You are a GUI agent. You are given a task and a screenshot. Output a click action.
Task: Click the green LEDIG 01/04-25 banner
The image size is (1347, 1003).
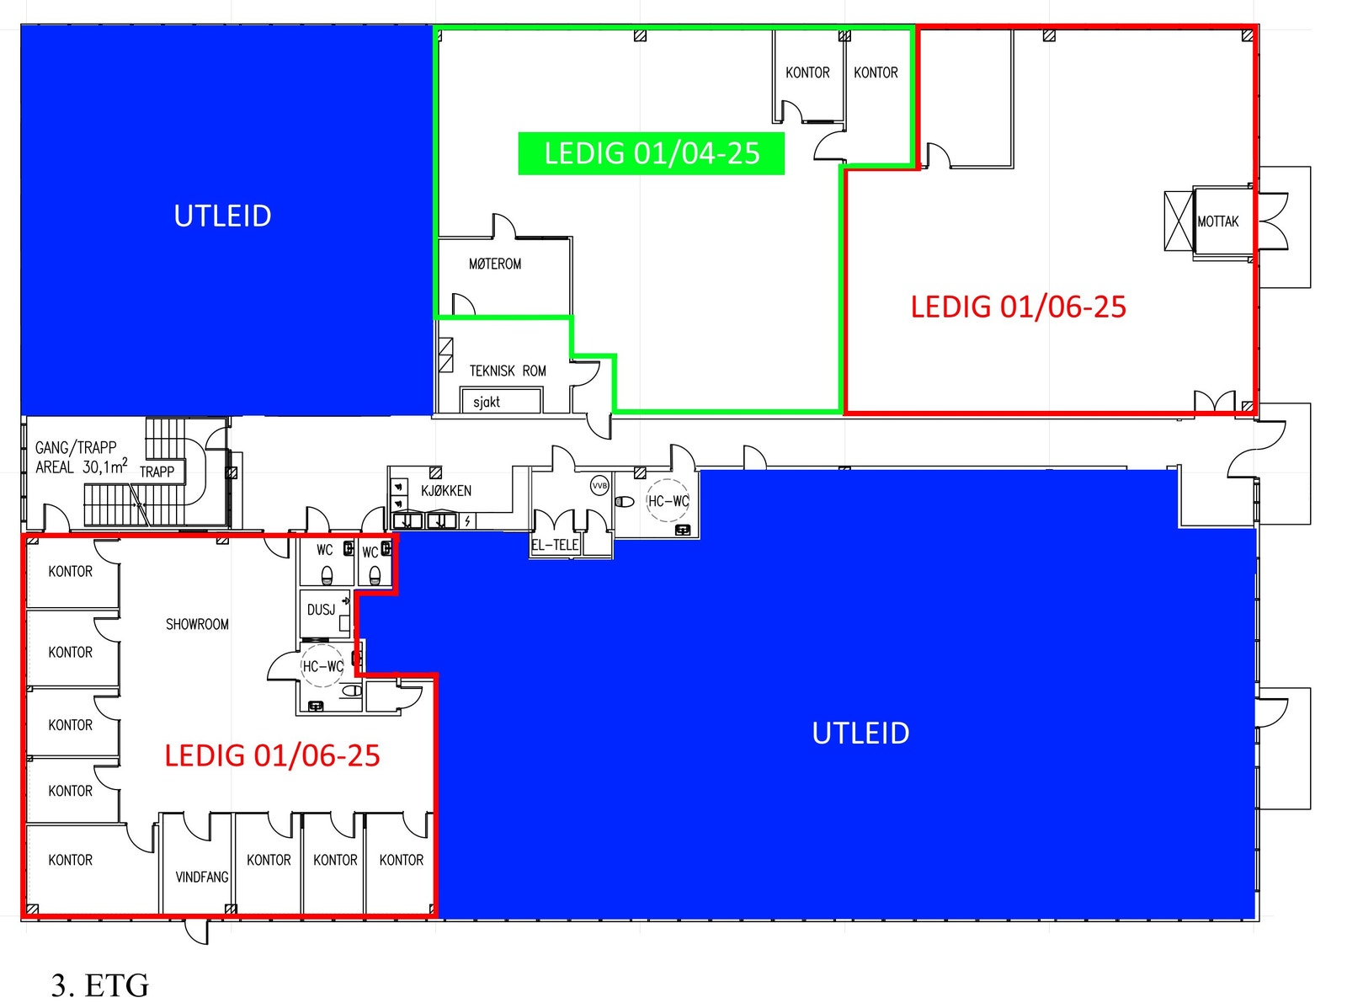(x=651, y=154)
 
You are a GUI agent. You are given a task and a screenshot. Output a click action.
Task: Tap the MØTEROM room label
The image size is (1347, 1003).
(x=494, y=264)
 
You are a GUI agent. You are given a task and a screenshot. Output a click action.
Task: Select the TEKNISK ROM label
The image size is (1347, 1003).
(x=508, y=371)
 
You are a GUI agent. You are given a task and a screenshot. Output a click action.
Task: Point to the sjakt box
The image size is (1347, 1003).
(x=500, y=401)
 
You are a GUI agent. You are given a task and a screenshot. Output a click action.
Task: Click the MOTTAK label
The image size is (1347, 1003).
(x=1217, y=221)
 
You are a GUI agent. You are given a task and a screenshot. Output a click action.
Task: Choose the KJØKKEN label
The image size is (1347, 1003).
(x=446, y=491)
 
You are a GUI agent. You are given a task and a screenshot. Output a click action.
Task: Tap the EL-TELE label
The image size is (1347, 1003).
(x=555, y=545)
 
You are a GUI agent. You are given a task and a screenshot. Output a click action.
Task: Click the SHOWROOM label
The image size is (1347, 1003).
(x=197, y=625)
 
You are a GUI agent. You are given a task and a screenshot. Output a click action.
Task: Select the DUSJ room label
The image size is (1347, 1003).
(x=322, y=610)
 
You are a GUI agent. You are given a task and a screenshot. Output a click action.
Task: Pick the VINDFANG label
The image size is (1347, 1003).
(x=201, y=878)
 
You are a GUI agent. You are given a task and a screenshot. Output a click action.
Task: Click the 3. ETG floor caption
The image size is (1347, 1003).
(x=100, y=985)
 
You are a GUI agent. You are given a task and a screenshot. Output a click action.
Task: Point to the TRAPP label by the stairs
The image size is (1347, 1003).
(x=157, y=472)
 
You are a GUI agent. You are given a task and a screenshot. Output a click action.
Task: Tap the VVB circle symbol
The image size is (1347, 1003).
(x=599, y=486)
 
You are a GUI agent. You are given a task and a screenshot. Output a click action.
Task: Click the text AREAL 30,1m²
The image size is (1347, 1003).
(x=82, y=467)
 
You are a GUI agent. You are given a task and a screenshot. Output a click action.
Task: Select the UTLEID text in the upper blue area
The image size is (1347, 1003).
(x=222, y=216)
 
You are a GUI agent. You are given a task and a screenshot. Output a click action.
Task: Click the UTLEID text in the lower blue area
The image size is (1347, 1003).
(x=860, y=734)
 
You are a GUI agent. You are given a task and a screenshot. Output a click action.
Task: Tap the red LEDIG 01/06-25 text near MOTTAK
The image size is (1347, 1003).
(x=1019, y=307)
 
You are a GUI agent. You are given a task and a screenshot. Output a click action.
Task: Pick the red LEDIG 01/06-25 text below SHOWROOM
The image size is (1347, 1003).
(x=272, y=755)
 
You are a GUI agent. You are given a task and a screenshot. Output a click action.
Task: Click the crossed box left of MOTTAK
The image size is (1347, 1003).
(x=1179, y=221)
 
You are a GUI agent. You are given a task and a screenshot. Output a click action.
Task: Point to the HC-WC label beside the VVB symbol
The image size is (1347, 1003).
(x=668, y=501)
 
